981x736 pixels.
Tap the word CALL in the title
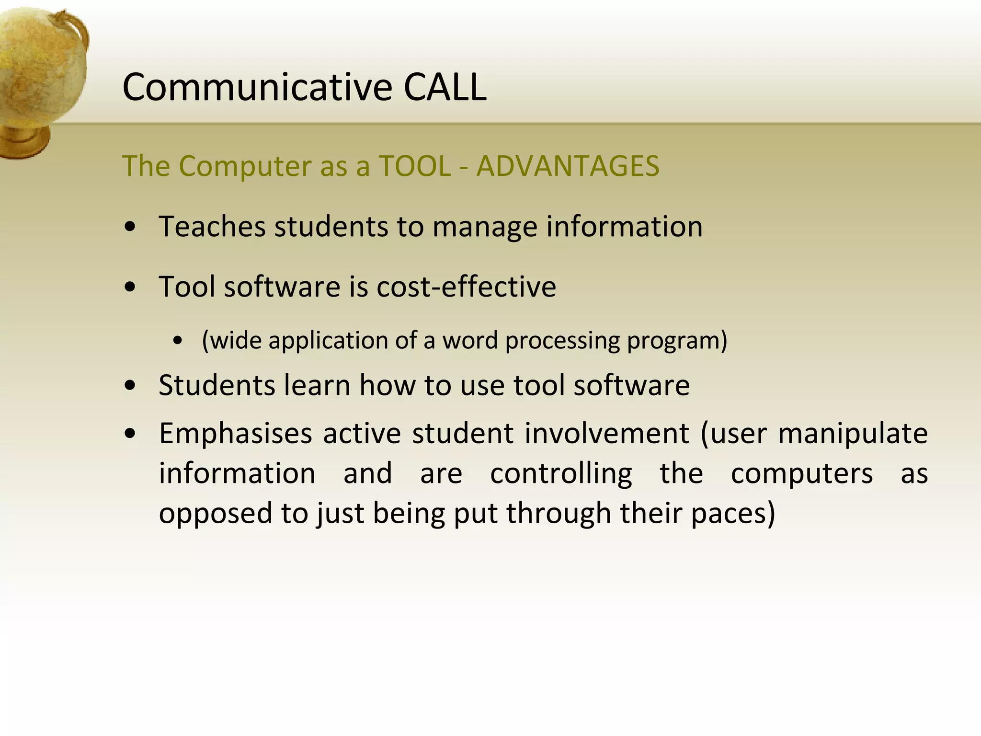(x=445, y=88)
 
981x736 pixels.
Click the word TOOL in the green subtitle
(x=415, y=166)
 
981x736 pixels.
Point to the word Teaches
(x=212, y=226)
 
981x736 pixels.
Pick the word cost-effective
(x=466, y=287)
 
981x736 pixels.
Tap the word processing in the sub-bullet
(x=562, y=341)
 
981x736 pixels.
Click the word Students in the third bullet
(x=217, y=385)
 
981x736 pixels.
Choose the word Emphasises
(x=236, y=434)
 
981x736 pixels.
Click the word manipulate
(x=853, y=434)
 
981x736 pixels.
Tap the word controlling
(x=561, y=474)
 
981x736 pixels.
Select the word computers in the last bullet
(x=801, y=474)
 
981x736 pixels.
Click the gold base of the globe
(x=22, y=141)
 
